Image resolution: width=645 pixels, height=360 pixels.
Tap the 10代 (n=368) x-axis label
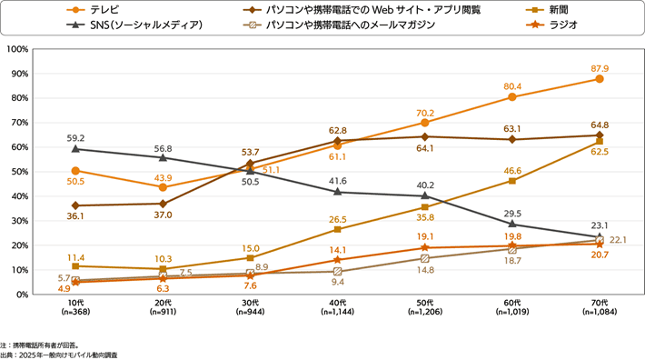[74, 307]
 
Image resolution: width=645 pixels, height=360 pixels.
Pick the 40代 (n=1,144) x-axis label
[338, 307]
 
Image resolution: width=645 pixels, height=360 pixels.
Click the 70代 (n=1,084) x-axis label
[600, 307]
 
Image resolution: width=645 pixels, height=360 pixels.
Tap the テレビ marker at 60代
[512, 97]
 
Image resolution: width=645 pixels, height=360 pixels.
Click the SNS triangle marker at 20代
[163, 155]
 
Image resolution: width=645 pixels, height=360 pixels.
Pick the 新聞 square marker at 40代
[338, 229]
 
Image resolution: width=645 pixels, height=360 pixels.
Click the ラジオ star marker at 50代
[425, 247]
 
